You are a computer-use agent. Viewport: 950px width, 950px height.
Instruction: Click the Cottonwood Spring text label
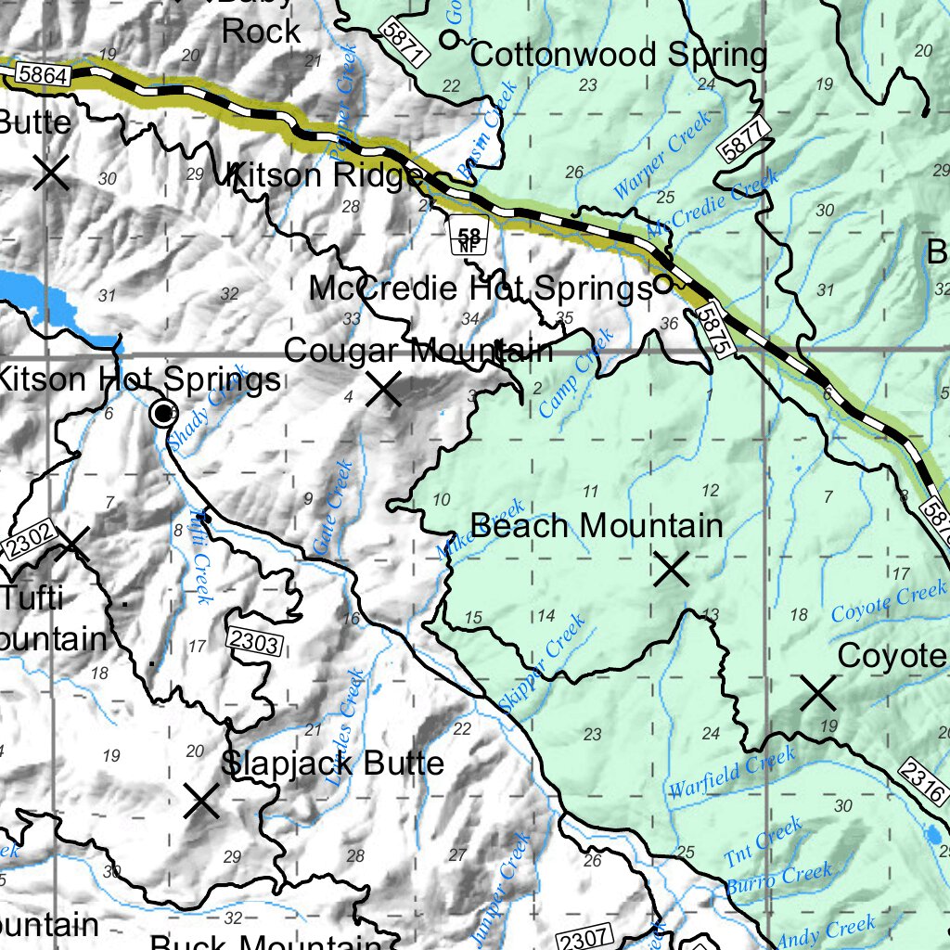(619, 55)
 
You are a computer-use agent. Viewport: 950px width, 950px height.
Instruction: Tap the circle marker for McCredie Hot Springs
(662, 284)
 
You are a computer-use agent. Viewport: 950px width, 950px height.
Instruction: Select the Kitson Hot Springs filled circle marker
(164, 412)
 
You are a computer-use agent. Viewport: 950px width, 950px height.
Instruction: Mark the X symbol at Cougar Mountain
(383, 389)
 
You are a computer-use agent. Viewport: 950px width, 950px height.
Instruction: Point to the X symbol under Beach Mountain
(672, 569)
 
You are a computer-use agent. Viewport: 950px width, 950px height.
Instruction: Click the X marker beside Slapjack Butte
(201, 801)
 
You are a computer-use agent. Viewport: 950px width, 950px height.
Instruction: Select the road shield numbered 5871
(404, 44)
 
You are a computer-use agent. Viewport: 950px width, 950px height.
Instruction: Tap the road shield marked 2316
(925, 779)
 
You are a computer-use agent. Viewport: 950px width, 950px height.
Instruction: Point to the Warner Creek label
(661, 155)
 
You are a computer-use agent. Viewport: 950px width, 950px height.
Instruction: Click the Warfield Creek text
(731, 775)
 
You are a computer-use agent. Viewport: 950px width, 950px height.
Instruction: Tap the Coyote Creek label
(889, 601)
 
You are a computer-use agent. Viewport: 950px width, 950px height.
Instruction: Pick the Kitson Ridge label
(327, 173)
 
